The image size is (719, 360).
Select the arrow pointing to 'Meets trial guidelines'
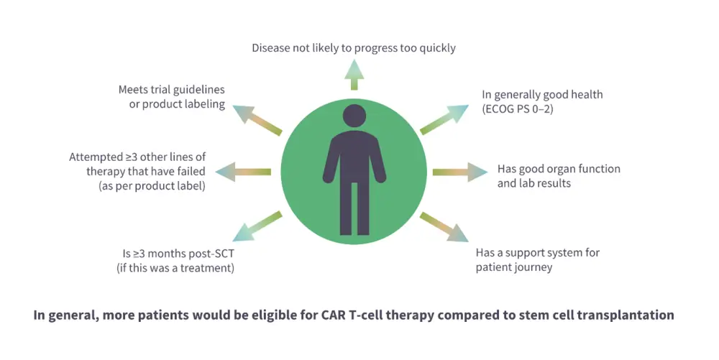click(259, 121)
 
